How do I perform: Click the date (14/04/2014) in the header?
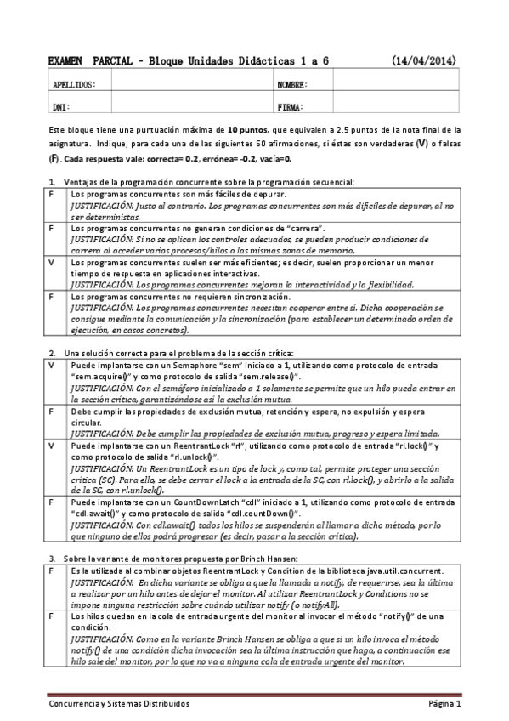point(425,61)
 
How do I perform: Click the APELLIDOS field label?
point(75,85)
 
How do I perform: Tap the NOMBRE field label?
point(292,85)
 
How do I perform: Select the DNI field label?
point(61,107)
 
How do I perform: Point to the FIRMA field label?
point(290,107)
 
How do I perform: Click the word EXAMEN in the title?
point(65,61)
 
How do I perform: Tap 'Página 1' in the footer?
point(444,705)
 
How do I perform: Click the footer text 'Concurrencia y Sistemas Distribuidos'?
point(118,705)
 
